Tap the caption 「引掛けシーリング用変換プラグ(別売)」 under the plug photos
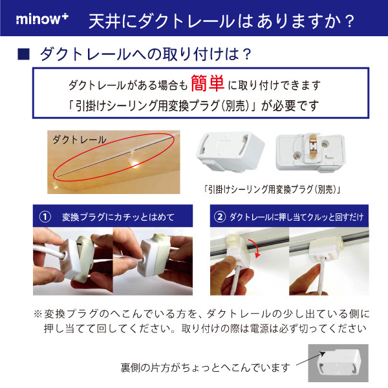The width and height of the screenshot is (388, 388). coord(273,191)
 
